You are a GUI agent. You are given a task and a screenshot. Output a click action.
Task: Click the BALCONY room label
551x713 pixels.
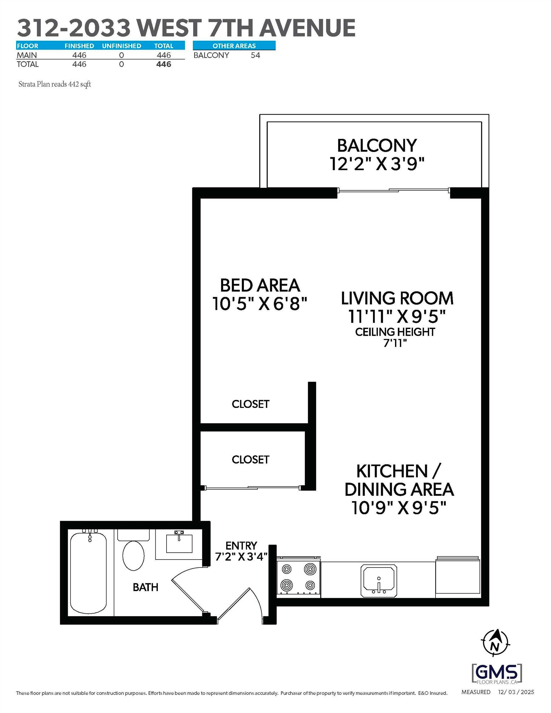coord(377,146)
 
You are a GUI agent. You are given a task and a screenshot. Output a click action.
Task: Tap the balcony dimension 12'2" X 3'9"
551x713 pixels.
coord(377,164)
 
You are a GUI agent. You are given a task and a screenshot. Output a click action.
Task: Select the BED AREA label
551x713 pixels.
coord(260,285)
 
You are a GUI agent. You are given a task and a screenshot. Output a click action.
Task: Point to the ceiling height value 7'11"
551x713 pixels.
coord(395,343)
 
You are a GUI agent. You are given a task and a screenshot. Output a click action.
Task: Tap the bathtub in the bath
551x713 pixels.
coord(88,573)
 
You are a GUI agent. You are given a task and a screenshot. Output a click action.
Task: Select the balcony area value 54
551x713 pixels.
coord(255,55)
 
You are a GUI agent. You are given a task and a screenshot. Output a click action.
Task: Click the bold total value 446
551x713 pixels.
coord(164,64)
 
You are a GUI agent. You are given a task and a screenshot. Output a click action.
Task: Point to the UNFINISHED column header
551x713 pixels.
coord(122,46)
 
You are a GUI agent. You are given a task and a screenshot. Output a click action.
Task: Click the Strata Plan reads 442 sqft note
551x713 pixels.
coord(54,84)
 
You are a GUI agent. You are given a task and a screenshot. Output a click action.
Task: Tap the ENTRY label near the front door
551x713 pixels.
coord(241,546)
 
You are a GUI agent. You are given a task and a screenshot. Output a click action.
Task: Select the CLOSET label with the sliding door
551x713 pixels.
coord(250,460)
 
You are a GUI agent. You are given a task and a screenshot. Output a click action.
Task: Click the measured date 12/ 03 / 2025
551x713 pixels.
coord(516,692)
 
